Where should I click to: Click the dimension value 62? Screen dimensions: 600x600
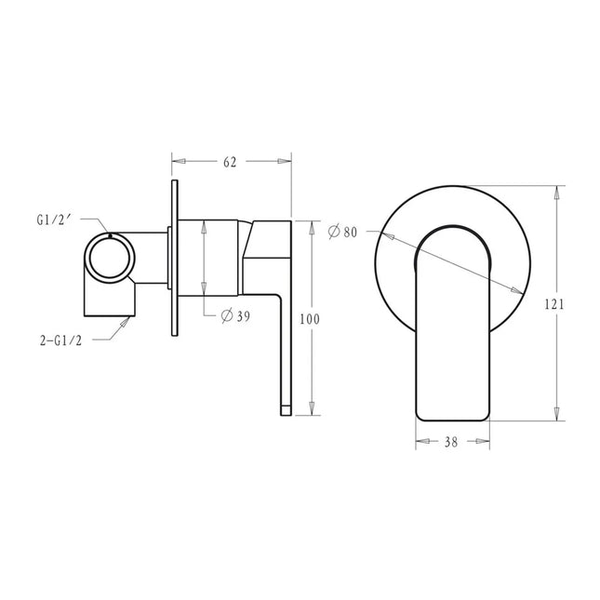point(230,162)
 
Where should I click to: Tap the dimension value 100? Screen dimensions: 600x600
point(310,319)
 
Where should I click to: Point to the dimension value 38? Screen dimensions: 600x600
point(450,445)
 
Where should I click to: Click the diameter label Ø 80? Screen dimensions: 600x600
point(342,232)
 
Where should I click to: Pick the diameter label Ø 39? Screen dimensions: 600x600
point(235,316)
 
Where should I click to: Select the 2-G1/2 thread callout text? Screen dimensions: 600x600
point(60,340)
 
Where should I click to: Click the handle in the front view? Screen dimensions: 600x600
point(450,326)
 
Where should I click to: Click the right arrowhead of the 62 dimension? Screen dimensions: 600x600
point(288,162)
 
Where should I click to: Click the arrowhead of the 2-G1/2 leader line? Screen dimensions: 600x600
point(128,318)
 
